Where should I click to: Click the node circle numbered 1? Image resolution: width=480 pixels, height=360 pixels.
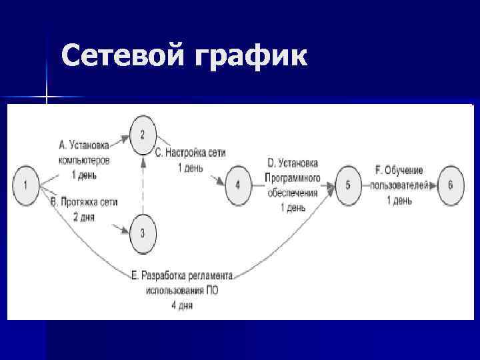pos(25,185)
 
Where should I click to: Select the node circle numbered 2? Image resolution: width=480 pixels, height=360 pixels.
pos(142,134)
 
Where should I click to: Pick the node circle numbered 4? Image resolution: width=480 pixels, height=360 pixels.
pos(238,185)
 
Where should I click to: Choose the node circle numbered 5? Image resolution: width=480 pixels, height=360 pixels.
pos(348,185)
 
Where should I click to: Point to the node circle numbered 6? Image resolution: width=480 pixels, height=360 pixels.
pos(450,185)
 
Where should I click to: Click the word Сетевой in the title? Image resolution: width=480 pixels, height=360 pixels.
pos(120,57)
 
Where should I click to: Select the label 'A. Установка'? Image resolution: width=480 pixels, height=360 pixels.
pos(85,143)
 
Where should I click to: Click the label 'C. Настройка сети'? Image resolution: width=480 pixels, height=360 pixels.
pos(191,153)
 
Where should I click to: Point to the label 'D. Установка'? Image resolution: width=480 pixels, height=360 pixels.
pos(293,163)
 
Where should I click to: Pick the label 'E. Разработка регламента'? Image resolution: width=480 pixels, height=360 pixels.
pos(181,276)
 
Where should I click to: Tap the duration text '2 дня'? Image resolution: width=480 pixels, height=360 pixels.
pos(85,216)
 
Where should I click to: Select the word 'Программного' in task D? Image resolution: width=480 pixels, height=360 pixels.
pos(293,178)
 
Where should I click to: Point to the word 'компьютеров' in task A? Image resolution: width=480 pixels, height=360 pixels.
pos(85,160)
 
